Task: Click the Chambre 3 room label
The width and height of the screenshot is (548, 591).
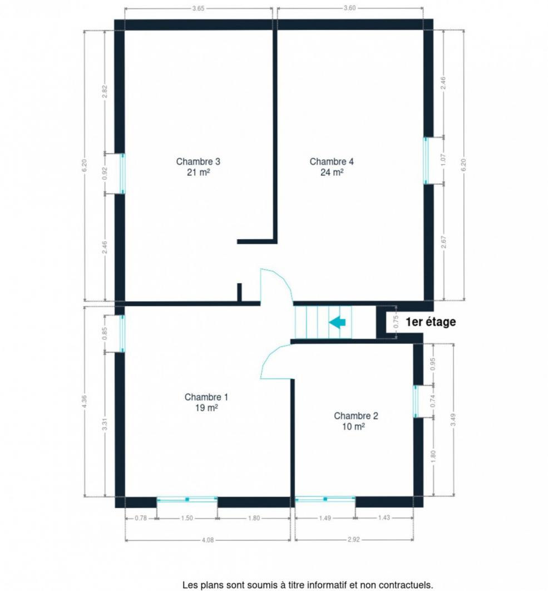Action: pos(198,166)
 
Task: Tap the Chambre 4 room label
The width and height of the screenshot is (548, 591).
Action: pos(332,166)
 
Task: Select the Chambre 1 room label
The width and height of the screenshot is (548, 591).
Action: pos(206,402)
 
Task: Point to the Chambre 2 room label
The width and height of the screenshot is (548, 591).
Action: pos(356,421)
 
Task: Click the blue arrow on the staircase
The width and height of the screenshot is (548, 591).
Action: pos(337,323)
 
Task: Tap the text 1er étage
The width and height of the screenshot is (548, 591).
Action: pos(431,322)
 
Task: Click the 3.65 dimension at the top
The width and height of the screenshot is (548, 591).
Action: pos(198,8)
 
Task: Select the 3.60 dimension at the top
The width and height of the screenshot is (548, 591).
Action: pos(350,8)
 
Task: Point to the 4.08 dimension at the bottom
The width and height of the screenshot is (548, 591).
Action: pos(208,540)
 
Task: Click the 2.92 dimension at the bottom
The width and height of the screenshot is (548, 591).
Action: pos(353,540)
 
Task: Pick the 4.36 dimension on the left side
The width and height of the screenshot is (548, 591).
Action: pos(85,401)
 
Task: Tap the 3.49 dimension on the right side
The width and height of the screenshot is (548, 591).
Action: pos(453,420)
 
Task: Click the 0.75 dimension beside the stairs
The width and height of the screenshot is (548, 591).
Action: pos(396,322)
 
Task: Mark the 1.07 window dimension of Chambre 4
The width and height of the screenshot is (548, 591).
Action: pos(443,160)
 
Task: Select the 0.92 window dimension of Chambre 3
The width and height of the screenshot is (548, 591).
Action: pos(105,174)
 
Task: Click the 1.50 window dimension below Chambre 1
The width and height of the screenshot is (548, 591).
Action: pos(187,518)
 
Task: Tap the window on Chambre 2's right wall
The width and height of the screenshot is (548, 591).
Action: pos(416,401)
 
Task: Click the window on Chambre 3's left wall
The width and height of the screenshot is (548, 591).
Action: pos(122,174)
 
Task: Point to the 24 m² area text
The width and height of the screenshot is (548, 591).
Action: pos(332,173)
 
